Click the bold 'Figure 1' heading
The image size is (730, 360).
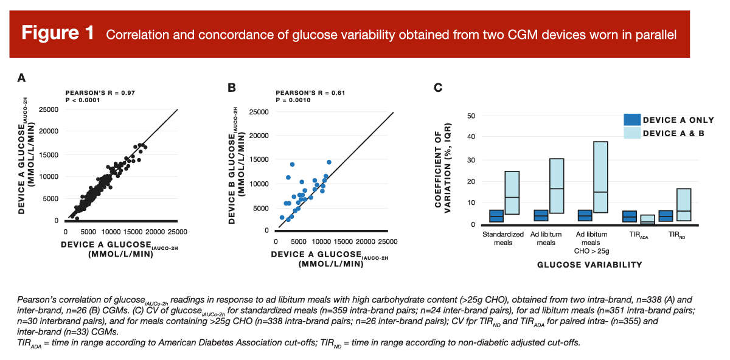pyautogui.click(x=58, y=33)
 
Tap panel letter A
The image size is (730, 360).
pyautogui.click(x=21, y=78)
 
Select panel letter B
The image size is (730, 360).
pyautogui.click(x=232, y=88)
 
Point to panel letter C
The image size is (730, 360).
pyautogui.click(x=437, y=88)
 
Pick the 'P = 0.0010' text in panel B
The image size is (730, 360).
pyautogui.click(x=293, y=100)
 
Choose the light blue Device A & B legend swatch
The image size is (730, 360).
pyautogui.click(x=632, y=133)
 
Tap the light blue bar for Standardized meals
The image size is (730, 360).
pyautogui.click(x=512, y=193)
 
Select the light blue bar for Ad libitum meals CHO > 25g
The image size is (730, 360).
pyautogui.click(x=600, y=177)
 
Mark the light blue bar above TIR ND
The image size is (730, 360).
pyautogui.click(x=684, y=205)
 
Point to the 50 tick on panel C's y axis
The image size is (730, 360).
pyautogui.click(x=471, y=116)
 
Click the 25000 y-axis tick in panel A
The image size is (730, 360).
pyautogui.click(x=48, y=109)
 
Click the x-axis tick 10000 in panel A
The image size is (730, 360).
pyautogui.click(x=111, y=232)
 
